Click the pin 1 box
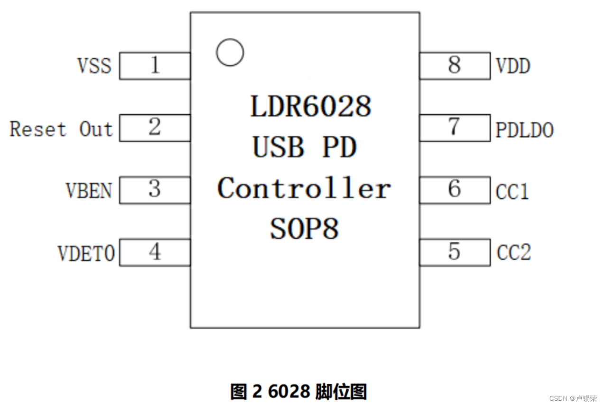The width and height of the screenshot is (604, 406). (x=155, y=65)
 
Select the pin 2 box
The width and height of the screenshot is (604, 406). (x=155, y=128)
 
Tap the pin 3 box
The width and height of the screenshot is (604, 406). (x=155, y=190)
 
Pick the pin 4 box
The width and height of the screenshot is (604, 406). (x=155, y=252)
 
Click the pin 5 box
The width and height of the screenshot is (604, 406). (x=455, y=252)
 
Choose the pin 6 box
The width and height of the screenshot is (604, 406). (x=455, y=190)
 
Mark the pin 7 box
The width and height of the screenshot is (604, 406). (x=455, y=128)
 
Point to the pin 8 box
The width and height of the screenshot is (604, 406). (x=455, y=65)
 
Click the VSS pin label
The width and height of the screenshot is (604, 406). (x=95, y=66)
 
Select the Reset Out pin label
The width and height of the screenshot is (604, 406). (x=61, y=129)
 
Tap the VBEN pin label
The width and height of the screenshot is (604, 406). (x=89, y=191)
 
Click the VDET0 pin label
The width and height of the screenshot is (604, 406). (x=86, y=254)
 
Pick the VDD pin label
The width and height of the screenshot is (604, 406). (x=513, y=66)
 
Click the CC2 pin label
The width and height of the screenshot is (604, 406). (x=514, y=253)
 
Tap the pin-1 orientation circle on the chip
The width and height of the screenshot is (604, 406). (x=230, y=52)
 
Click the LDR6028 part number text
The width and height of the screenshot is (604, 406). (x=310, y=106)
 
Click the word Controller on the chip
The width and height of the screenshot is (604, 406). (x=304, y=188)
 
